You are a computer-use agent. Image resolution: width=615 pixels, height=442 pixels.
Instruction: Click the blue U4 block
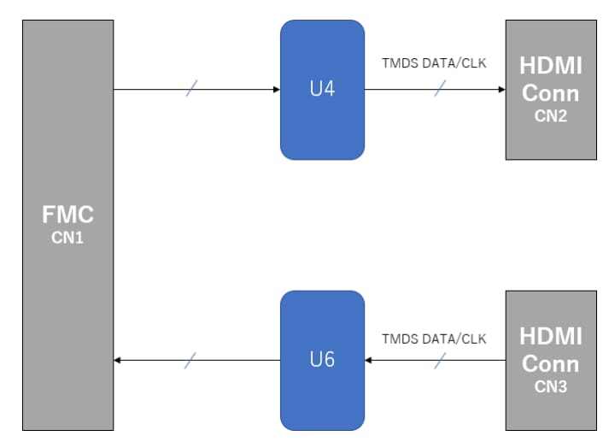tap(322, 89)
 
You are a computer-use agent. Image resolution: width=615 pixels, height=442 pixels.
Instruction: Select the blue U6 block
tap(322, 360)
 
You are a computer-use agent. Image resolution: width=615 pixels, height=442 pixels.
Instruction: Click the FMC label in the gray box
tap(67, 214)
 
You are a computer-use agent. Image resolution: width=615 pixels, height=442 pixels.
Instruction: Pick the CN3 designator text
tap(550, 386)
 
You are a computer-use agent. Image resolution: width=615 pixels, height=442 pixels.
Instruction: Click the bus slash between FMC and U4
tap(192, 89)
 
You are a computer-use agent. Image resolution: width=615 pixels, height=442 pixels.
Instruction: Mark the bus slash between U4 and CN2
tap(440, 89)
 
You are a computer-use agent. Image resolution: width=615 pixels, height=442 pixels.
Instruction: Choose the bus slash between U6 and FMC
tap(192, 360)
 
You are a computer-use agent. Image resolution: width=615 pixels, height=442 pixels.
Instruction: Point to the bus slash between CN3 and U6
tap(440, 360)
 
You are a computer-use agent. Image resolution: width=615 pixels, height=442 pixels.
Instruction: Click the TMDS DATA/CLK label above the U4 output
tap(434, 63)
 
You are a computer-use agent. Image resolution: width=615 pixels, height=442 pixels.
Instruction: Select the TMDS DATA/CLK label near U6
tap(434, 339)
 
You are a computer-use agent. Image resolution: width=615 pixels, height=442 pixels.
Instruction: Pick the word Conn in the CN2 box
tap(550, 93)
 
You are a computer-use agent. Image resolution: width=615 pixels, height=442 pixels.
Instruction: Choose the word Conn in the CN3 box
tap(550, 364)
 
